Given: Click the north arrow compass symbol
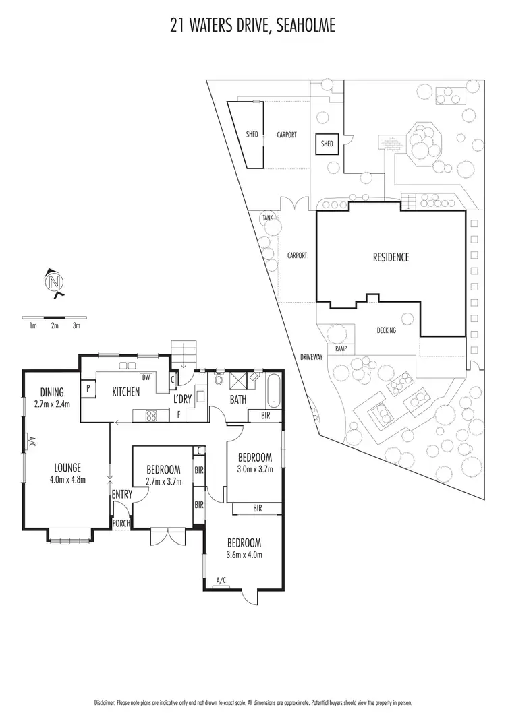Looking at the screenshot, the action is click(53, 282).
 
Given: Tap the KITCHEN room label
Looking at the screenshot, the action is click(126, 392).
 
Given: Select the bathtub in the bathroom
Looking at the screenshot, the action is click(272, 391).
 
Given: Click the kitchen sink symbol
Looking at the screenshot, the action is click(127, 365).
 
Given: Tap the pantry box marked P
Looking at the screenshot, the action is click(88, 389).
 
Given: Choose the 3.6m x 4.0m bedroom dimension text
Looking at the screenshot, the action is click(244, 555).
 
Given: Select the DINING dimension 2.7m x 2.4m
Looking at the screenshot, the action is click(51, 404).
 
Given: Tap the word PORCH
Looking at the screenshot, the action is click(121, 523).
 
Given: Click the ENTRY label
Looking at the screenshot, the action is click(123, 495).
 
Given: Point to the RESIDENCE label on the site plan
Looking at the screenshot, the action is click(391, 257).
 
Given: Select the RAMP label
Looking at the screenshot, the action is click(340, 349).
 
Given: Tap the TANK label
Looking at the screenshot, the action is click(268, 218).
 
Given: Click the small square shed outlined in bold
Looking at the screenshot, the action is click(327, 144).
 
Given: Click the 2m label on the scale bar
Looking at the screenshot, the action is click(55, 325).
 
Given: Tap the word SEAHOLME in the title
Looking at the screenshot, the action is click(301, 26).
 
